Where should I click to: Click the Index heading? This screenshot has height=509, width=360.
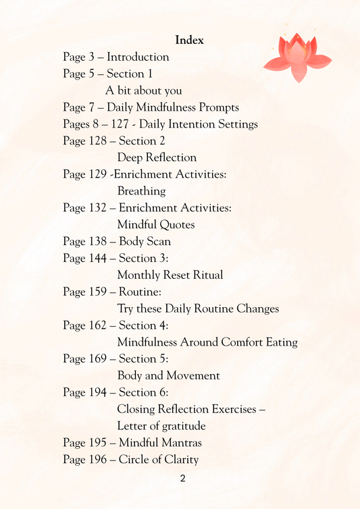click(189, 41)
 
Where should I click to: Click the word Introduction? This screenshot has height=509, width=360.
click(138, 57)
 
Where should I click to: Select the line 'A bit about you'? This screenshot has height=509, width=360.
click(143, 90)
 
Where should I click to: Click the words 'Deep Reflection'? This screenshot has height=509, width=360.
click(157, 157)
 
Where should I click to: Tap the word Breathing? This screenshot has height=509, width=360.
click(141, 191)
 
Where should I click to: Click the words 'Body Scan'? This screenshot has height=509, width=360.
click(145, 241)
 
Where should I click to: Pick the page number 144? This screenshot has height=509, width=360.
click(97, 258)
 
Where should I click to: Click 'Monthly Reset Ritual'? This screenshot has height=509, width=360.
click(170, 275)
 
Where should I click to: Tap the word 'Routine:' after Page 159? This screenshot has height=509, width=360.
click(140, 292)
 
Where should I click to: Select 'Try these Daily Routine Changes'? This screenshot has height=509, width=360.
click(198, 309)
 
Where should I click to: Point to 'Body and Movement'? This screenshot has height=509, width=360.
click(168, 375)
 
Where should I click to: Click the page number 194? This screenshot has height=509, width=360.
click(97, 392)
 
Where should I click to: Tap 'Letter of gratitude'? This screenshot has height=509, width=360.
click(161, 426)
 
